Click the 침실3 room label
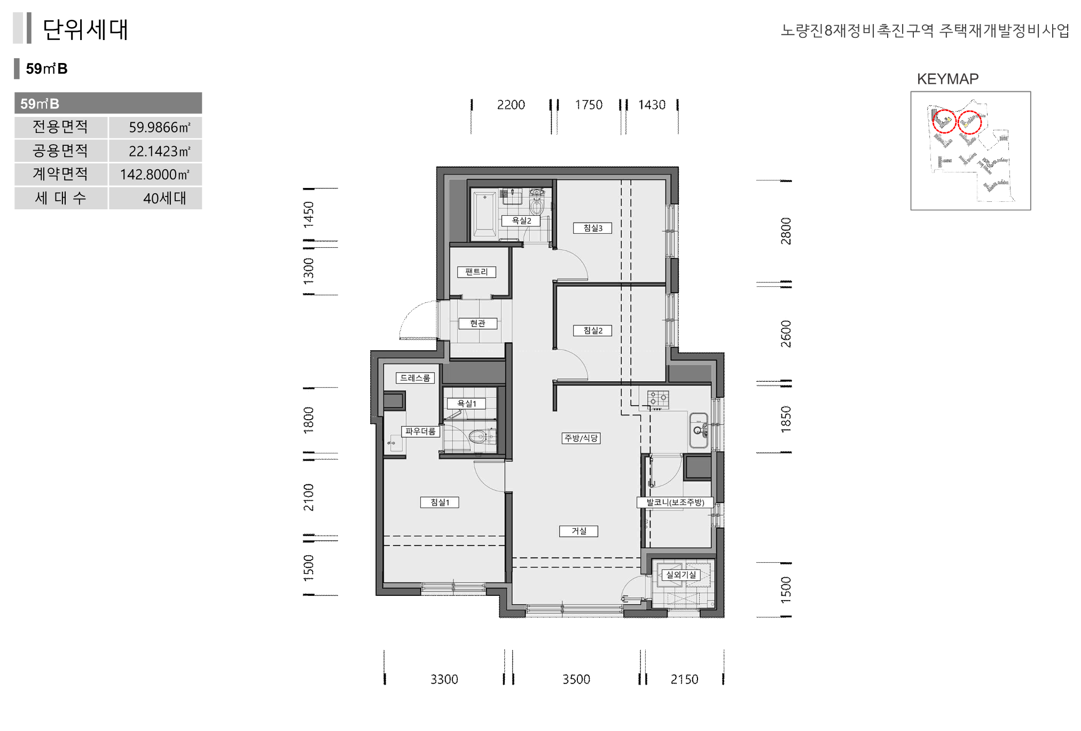click(x=593, y=228)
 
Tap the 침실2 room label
click(x=593, y=331)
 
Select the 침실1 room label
click(x=440, y=502)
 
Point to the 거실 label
click(x=579, y=531)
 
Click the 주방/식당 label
click(x=581, y=438)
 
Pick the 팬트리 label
click(x=476, y=272)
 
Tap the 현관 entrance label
click(x=478, y=324)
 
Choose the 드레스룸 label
click(x=415, y=378)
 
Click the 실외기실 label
click(x=681, y=575)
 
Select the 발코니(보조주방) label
click(x=675, y=502)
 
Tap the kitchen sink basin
click(x=699, y=430)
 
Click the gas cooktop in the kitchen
click(x=658, y=399)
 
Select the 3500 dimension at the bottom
click(x=576, y=679)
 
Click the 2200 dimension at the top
click(x=511, y=105)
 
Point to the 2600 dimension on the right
click(x=786, y=334)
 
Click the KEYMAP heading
click(x=948, y=79)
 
